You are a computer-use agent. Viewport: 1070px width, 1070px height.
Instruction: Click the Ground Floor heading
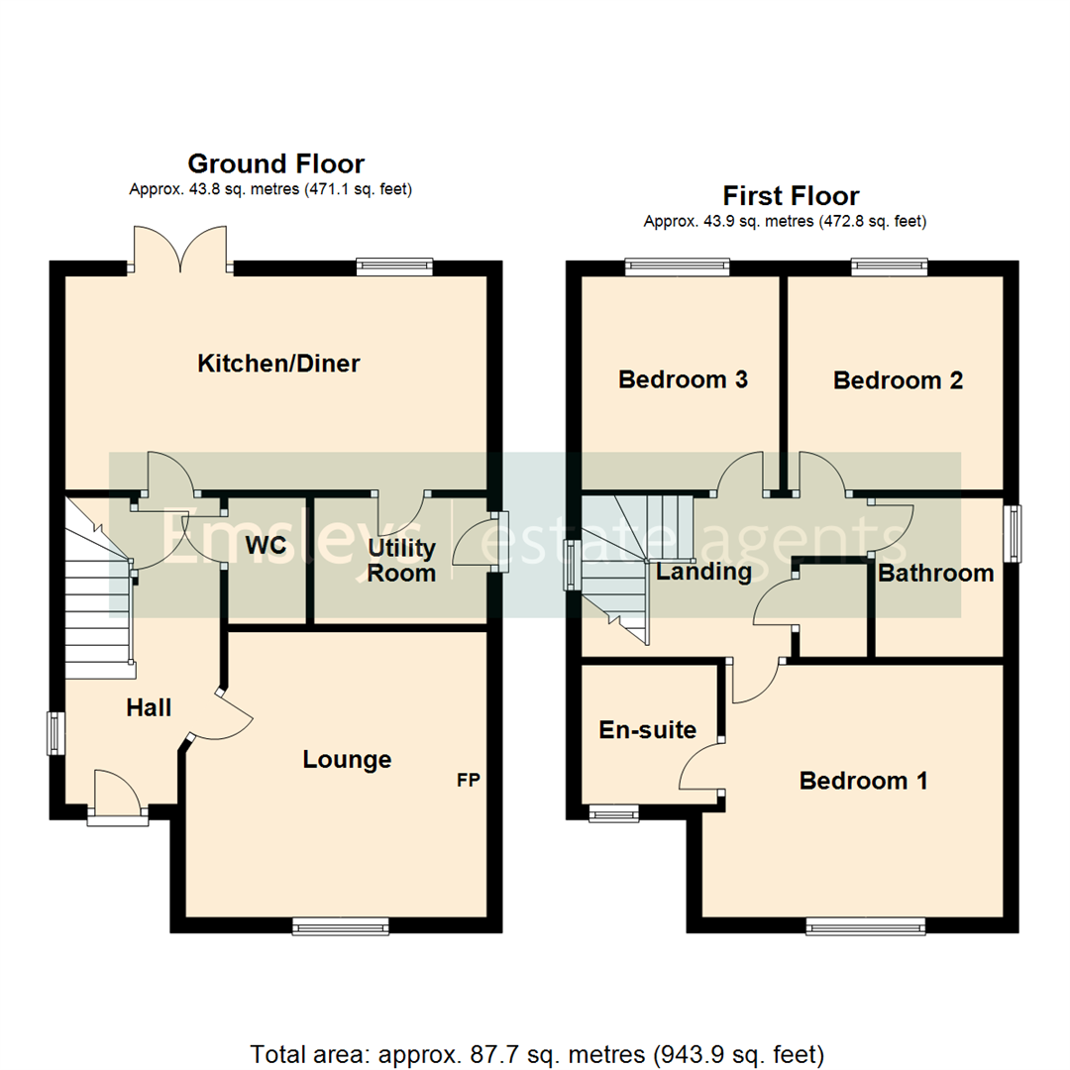tap(275, 163)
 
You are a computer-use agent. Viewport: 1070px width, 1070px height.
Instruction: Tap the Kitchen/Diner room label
tap(278, 364)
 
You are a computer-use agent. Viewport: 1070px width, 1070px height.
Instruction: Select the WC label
tap(267, 546)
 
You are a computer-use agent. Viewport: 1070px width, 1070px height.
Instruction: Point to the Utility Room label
tap(401, 560)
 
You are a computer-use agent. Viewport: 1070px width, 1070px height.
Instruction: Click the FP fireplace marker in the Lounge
tap(468, 781)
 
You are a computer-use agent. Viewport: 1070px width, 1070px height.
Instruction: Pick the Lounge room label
tap(347, 760)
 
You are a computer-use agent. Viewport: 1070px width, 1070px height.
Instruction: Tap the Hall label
tap(149, 707)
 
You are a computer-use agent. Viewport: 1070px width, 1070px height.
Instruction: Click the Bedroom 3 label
tap(683, 378)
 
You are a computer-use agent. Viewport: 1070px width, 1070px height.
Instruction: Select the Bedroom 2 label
tap(898, 380)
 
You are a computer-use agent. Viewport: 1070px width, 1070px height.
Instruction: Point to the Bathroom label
tap(935, 573)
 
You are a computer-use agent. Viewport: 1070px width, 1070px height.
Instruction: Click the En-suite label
tap(648, 730)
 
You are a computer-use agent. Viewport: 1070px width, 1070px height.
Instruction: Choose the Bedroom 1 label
tap(863, 781)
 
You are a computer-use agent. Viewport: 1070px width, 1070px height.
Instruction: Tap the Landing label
tap(704, 572)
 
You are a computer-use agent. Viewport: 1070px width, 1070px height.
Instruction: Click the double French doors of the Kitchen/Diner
tap(179, 248)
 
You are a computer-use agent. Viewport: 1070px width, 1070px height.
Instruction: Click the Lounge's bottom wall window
tap(341, 926)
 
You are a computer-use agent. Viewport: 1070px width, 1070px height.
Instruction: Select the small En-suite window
tap(614, 813)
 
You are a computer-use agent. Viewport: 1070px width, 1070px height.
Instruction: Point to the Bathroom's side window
tap(1013, 535)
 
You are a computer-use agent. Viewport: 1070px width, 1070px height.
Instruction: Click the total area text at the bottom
tap(536, 1025)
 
